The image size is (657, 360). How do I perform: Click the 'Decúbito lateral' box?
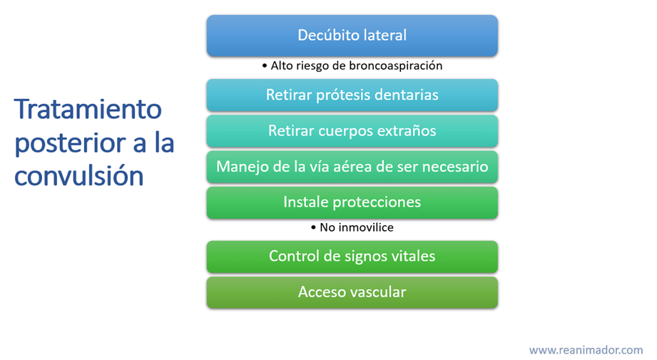[x=352, y=36]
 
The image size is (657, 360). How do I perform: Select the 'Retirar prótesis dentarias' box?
[x=352, y=95]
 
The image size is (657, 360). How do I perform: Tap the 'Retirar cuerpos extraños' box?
[x=352, y=131]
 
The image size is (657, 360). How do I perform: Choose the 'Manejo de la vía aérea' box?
[x=352, y=167]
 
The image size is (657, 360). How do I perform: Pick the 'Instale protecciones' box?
[x=352, y=202]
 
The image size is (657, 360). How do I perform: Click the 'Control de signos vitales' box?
[x=352, y=257]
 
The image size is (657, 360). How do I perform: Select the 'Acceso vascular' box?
[x=352, y=292]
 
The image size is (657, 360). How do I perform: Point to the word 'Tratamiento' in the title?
[x=88, y=109]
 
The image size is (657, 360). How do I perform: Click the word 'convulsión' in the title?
[x=79, y=175]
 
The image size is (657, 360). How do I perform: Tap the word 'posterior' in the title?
[x=71, y=143]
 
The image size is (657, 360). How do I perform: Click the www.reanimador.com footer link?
[x=586, y=350]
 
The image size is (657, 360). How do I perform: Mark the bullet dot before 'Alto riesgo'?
[x=265, y=66]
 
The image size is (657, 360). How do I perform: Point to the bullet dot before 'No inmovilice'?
[x=313, y=227]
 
